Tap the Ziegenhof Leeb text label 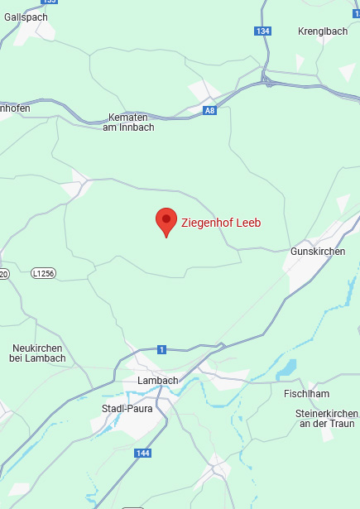220,223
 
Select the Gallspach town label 26,17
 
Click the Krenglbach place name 323,31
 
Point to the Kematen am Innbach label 131,122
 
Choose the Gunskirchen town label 318,251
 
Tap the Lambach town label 157,381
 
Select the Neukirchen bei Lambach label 39,353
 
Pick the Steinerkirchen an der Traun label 326,418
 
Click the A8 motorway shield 210,109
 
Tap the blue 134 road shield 262,31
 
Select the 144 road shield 142,454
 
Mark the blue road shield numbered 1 161,349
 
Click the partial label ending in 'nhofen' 15,108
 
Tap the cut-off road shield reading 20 3,274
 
